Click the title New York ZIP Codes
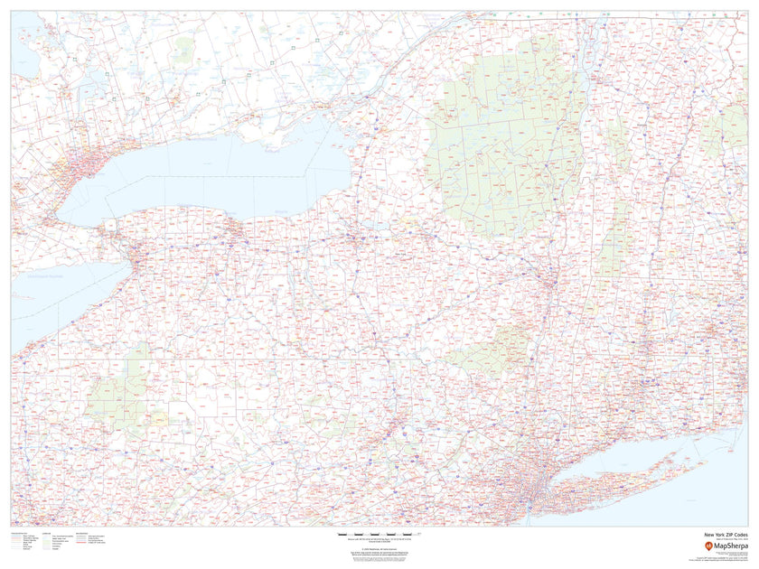726,535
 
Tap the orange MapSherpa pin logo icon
696,546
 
